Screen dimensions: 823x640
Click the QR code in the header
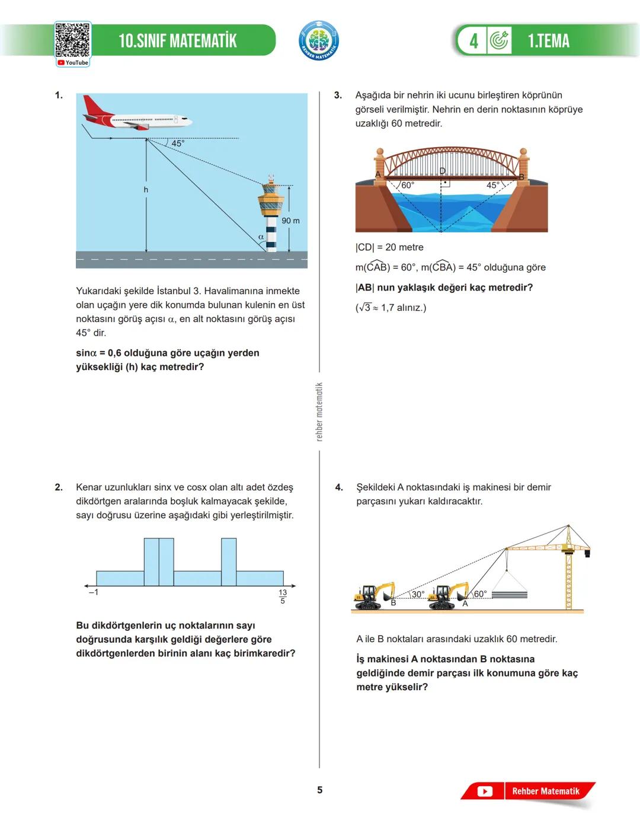pyautogui.click(x=72, y=40)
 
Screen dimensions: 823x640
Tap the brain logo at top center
pyautogui.click(x=319, y=40)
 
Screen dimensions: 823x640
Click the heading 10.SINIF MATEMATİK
pyautogui.click(x=177, y=41)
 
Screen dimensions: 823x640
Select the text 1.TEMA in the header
pyautogui.click(x=548, y=41)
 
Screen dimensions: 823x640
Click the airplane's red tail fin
pyautogui.click(x=92, y=106)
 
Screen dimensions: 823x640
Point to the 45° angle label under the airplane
pyautogui.click(x=178, y=143)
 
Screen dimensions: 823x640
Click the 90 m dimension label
pyautogui.click(x=290, y=221)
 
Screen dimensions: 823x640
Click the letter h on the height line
pyautogui.click(x=146, y=190)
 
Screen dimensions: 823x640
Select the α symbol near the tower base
pyautogui.click(x=261, y=237)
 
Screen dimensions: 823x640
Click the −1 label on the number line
pyautogui.click(x=93, y=592)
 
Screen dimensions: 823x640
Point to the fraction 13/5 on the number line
pyautogui.click(x=283, y=596)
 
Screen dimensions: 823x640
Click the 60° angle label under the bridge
pyautogui.click(x=408, y=185)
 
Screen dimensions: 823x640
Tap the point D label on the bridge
pyautogui.click(x=442, y=171)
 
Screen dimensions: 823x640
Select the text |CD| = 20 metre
pyautogui.click(x=389, y=247)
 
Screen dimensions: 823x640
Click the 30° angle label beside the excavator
pyautogui.click(x=418, y=594)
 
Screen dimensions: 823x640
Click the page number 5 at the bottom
pyautogui.click(x=320, y=790)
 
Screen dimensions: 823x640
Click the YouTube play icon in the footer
pyautogui.click(x=485, y=792)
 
